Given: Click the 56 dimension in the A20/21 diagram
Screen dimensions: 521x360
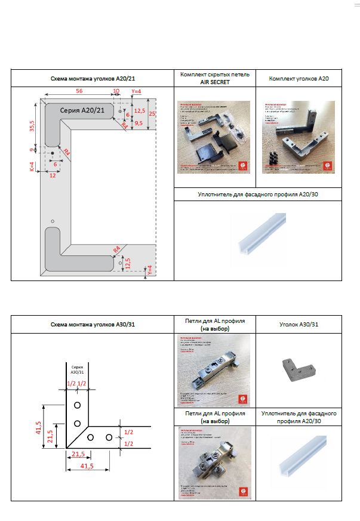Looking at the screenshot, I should (79, 91).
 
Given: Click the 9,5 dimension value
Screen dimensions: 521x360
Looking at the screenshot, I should (139, 123).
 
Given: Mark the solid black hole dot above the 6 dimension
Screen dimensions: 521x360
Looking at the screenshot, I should (51, 153).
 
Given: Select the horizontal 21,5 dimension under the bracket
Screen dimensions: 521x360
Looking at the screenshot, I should (78, 454).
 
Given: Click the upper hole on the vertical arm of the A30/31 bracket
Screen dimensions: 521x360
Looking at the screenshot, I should (78, 405).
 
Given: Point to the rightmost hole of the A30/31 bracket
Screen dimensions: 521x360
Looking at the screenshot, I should (109, 437).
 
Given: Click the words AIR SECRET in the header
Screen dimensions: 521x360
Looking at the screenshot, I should (214, 82).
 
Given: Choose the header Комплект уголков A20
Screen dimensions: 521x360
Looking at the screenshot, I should (299, 78).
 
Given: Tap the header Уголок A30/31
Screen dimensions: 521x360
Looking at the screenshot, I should (299, 324).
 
